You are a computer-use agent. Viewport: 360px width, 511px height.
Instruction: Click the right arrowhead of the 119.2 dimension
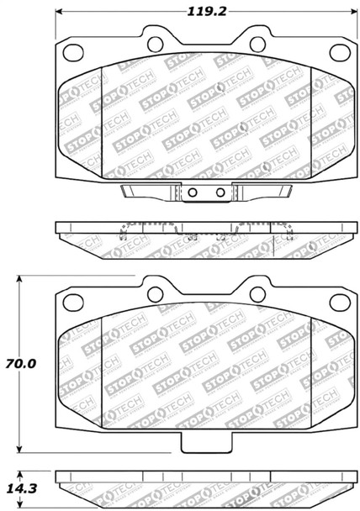point(350,12)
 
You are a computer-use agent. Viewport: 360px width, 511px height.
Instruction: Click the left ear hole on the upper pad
point(155,39)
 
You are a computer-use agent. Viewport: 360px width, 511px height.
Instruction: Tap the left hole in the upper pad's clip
point(193,192)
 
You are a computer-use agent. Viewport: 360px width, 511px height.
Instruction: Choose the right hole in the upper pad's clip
point(220,192)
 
